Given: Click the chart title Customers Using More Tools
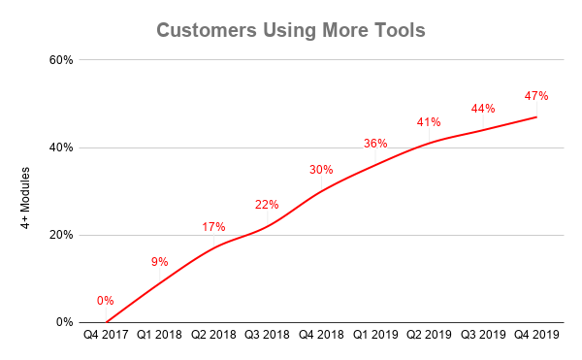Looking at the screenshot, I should coord(290,30).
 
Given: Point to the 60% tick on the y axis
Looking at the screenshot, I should coord(61,60).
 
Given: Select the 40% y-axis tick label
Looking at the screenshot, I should coord(61,147).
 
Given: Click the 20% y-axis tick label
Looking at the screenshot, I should coord(61,235).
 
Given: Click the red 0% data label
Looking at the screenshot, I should coord(106,301).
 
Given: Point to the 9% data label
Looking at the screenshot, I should coord(160,261).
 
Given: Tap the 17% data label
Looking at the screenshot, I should coord(213,227).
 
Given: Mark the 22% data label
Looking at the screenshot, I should coord(268,205).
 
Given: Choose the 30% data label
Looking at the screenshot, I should coord(321,170).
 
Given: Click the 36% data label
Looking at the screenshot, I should coord(375,144).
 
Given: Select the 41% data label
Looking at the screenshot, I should coord(429,122).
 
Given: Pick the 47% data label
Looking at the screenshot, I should coord(536,96).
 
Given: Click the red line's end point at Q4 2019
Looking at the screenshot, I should coord(536,117).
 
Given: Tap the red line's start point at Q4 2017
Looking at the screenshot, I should coord(106,322).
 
